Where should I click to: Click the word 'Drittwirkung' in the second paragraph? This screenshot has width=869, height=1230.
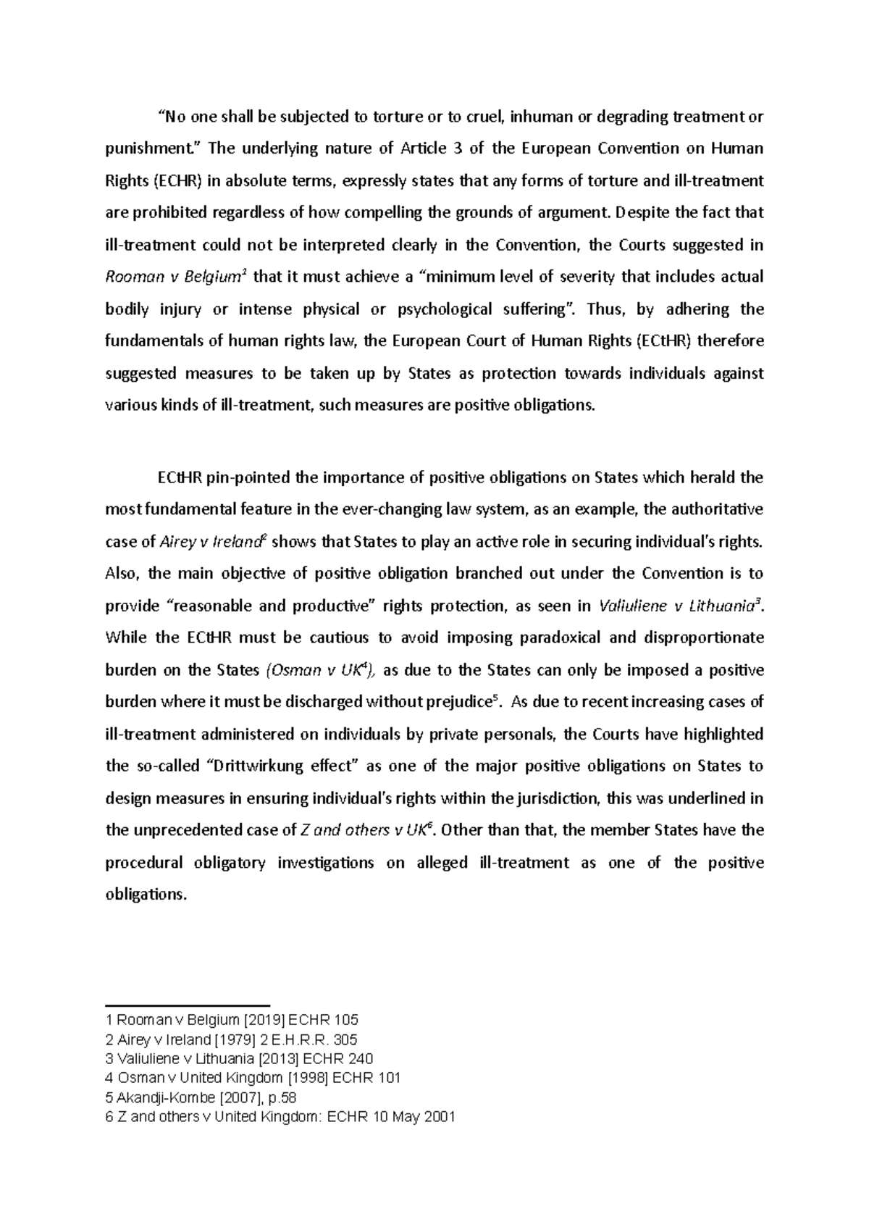pos(259,766)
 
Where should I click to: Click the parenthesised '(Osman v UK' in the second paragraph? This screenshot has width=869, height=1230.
pos(315,670)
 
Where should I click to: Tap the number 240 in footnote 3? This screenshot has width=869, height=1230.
pos(360,1059)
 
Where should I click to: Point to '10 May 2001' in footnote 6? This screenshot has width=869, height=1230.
pos(413,1117)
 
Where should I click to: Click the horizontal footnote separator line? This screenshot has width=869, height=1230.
pos(188,1005)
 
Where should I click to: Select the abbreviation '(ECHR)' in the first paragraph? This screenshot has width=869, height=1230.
pos(178,181)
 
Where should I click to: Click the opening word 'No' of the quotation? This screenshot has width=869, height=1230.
pos(170,117)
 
